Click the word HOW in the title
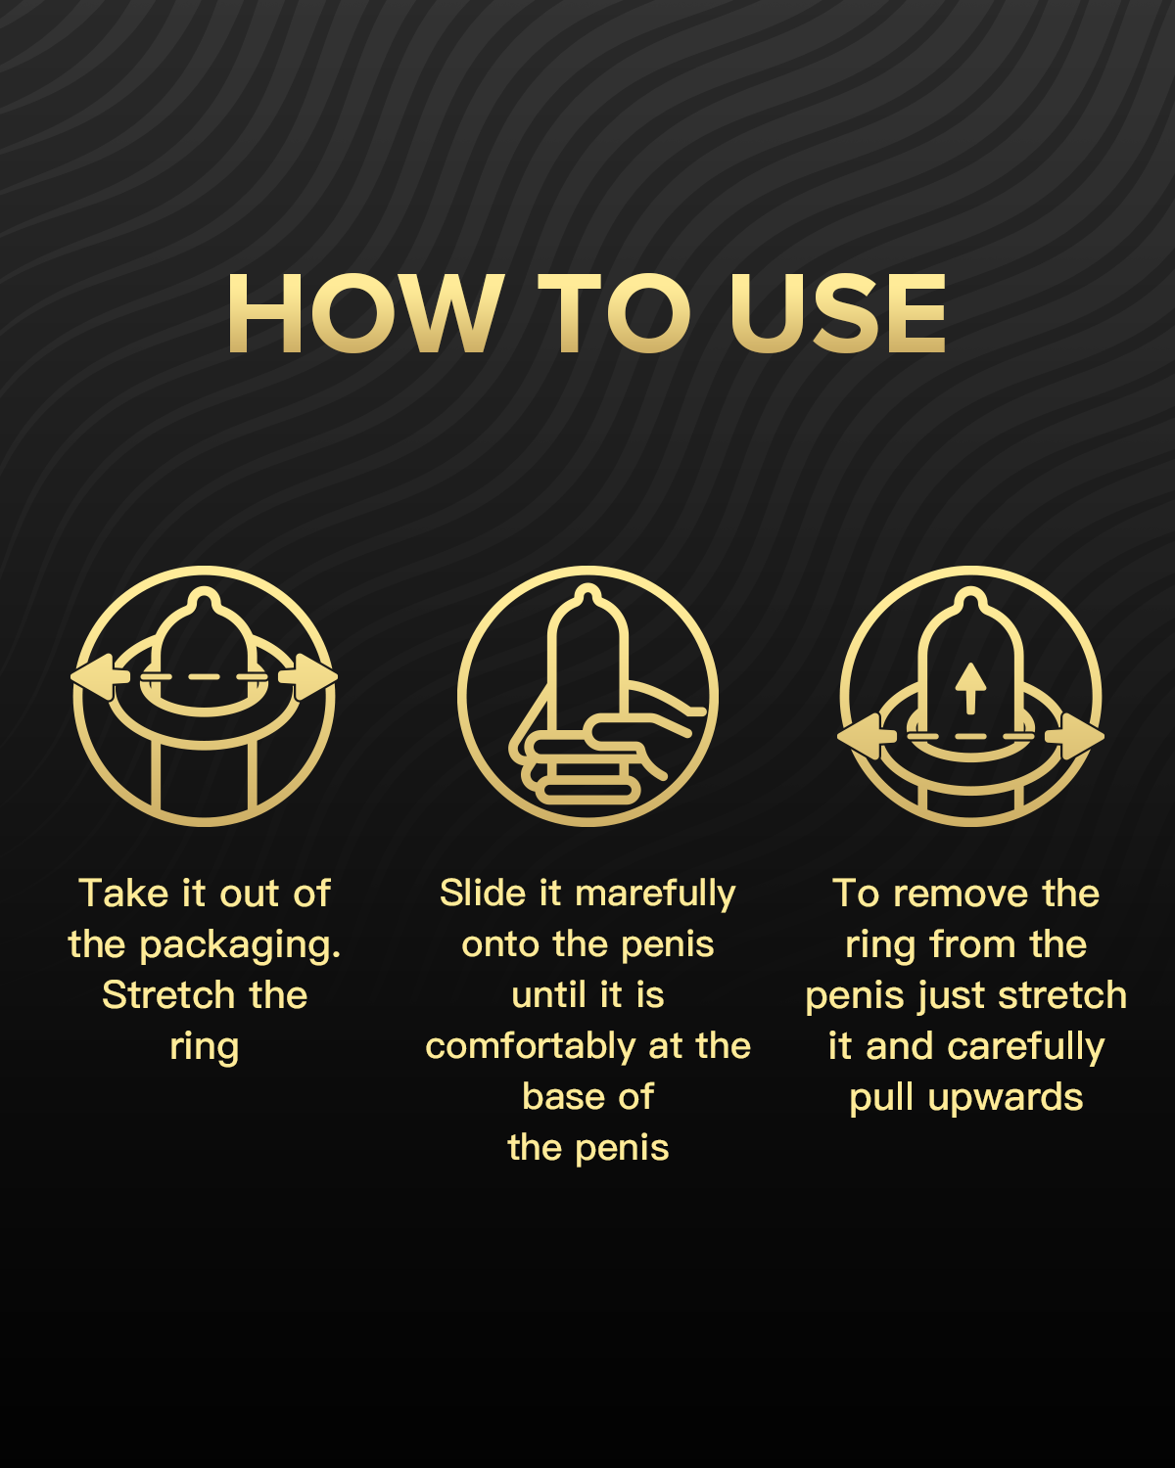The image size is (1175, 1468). (364, 313)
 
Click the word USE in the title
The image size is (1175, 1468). (838, 313)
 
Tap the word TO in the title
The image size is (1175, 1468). (614, 313)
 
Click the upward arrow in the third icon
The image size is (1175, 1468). (970, 688)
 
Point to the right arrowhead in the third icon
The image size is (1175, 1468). (1075, 737)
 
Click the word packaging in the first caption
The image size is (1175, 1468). (240, 946)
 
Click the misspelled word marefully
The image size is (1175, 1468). (655, 895)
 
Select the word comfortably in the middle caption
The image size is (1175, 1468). (531, 1047)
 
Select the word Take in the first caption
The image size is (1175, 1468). (123, 893)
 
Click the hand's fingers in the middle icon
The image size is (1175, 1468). (584, 767)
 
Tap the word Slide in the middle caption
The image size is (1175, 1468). (484, 893)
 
